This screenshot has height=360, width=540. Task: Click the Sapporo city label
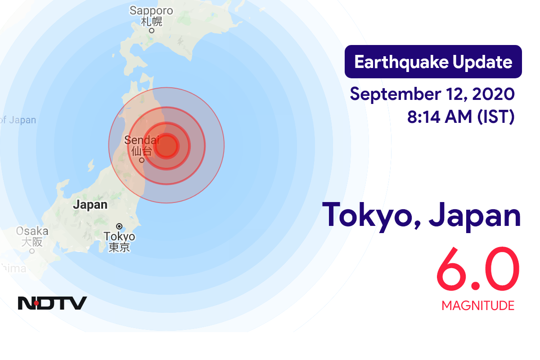click(152, 10)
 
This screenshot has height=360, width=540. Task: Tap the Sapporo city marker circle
click(152, 31)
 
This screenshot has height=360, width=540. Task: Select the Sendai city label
click(139, 140)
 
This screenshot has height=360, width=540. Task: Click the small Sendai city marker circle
click(142, 160)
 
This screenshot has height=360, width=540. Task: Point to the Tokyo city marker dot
click(119, 226)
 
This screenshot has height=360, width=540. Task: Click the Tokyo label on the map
click(119, 236)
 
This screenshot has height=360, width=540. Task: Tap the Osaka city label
click(32, 231)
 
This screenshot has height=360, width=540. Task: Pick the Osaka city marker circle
click(32, 251)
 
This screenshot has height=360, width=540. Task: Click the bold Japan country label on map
click(90, 205)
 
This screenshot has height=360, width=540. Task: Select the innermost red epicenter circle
click(166, 146)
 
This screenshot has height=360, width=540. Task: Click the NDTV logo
click(52, 303)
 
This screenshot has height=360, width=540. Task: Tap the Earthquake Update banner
click(433, 62)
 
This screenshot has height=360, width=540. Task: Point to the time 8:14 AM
click(439, 117)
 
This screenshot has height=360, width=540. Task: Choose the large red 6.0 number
click(477, 270)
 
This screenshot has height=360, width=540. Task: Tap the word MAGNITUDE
click(478, 306)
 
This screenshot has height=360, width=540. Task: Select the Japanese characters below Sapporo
click(152, 21)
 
